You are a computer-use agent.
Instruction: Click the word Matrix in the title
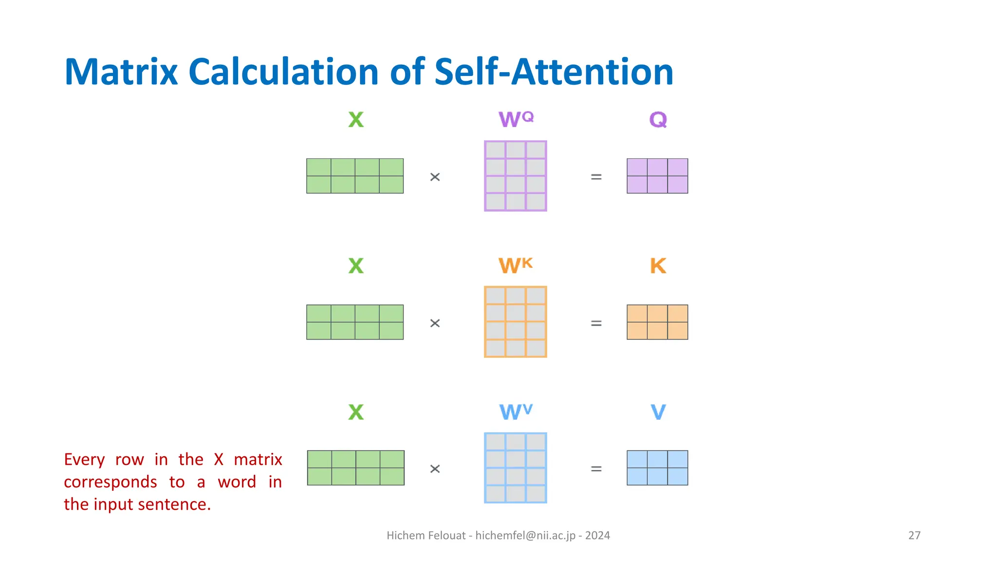coord(121,72)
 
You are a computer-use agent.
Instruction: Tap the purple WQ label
coord(516,119)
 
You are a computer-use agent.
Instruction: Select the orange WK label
coord(516,265)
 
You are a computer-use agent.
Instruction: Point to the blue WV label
coord(516,412)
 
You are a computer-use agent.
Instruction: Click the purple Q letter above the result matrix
coord(658,119)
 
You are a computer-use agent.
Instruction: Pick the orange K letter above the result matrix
coord(658,266)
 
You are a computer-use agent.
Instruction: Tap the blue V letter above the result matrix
coord(658,412)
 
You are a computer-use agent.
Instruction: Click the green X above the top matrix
coord(356,119)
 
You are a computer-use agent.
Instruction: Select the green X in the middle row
coord(356,266)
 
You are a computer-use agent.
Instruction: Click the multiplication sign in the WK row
coord(435,323)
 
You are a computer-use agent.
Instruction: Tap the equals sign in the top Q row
coord(596,177)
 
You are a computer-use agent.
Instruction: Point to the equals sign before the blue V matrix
coord(596,469)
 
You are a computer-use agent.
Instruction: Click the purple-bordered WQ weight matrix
coord(516,176)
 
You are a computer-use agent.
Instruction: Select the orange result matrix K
coord(657,322)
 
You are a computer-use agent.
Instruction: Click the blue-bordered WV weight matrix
coord(516,467)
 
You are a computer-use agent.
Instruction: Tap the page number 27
coord(914,535)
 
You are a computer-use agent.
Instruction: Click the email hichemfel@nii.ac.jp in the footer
coord(525,535)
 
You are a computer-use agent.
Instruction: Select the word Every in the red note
coord(84,459)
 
